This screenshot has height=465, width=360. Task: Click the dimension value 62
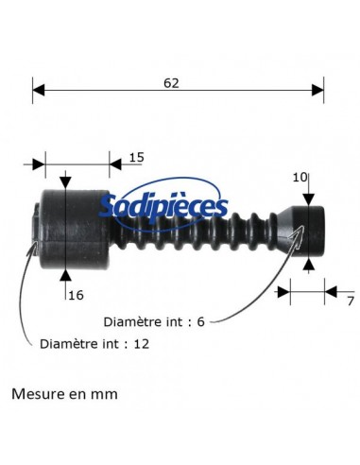pyautogui.click(x=171, y=83)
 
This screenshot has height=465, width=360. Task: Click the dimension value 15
pyautogui.click(x=136, y=157)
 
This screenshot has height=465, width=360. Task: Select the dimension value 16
pyautogui.click(x=77, y=295)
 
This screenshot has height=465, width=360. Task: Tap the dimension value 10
pyautogui.click(x=300, y=177)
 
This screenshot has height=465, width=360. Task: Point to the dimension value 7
pyautogui.click(x=349, y=301)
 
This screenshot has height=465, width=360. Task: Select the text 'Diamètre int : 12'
pyautogui.click(x=95, y=344)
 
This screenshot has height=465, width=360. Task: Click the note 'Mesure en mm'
pyautogui.click(x=65, y=393)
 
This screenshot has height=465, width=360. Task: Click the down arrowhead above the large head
pyautogui.click(x=64, y=181)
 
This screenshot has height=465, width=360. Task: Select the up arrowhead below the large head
pyautogui.click(x=64, y=275)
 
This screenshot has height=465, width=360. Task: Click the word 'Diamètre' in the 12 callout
pyautogui.click(x=66, y=344)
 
